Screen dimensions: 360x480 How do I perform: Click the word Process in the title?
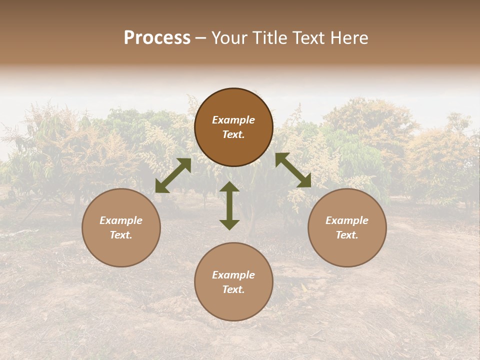point(157,38)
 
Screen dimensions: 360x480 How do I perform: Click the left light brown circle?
point(121,227)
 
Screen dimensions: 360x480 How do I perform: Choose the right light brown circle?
point(347,227)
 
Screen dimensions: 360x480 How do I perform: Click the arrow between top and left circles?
point(173,175)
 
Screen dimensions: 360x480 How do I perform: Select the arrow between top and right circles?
point(293,170)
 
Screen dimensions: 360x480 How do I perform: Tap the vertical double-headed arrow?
point(229,205)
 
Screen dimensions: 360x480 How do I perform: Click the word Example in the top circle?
point(233,120)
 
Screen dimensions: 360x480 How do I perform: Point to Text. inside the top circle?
point(233,135)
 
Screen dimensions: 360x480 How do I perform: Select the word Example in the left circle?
point(121,220)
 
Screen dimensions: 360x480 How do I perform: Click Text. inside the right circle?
point(347,235)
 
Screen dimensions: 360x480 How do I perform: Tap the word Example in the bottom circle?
point(233,275)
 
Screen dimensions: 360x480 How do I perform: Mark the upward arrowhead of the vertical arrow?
point(229,187)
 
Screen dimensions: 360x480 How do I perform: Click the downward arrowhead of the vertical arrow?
point(229,224)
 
